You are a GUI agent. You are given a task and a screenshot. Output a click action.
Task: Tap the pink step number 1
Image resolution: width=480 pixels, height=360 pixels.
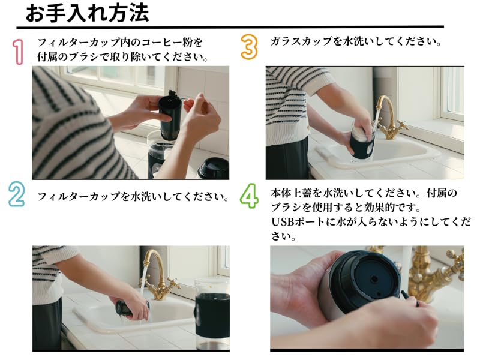[x=18, y=52]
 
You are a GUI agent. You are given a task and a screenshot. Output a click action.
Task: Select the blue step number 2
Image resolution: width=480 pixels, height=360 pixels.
[x=16, y=193]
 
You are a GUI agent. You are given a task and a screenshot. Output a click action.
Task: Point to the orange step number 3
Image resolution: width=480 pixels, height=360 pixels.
[x=249, y=47]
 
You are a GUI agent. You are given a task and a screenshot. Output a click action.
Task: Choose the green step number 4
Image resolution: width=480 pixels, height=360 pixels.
[x=249, y=196]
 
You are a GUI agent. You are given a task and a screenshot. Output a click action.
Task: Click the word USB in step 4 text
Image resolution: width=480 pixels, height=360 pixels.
[x=283, y=222]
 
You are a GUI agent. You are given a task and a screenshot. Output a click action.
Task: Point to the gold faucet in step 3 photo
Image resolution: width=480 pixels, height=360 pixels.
[x=388, y=119]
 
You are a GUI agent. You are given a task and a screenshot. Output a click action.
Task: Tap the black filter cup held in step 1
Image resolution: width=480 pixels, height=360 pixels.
[x=169, y=117]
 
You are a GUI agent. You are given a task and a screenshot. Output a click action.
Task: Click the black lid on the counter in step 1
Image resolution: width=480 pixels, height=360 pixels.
[x=214, y=169]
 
